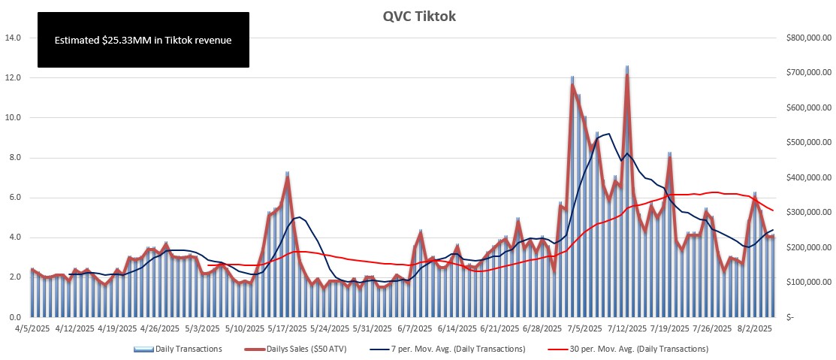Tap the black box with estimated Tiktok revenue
pos(143,40)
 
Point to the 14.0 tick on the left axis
pos(14,38)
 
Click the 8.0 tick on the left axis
pos(14,158)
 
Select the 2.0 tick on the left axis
pos(14,277)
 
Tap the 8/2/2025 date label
pos(754,328)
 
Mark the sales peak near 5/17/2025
pos(287,177)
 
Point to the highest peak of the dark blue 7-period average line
pos(608,135)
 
